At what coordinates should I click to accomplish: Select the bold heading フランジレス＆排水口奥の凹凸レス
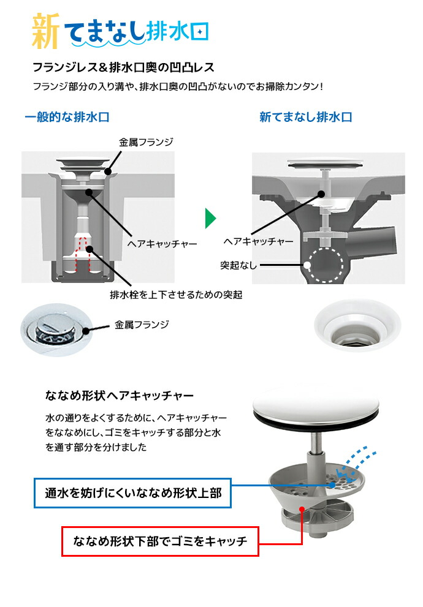pyautogui.click(x=123, y=66)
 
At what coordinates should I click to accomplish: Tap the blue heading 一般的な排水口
pyautogui.click(x=67, y=117)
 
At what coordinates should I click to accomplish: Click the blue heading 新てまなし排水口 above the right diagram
pyautogui.click(x=305, y=117)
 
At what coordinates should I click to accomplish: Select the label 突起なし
pyautogui.click(x=239, y=265)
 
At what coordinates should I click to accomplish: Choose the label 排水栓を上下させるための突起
pyautogui.click(x=176, y=295)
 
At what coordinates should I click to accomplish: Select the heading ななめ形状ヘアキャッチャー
pyautogui.click(x=120, y=395)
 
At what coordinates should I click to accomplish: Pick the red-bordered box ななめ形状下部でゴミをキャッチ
pyautogui.click(x=160, y=541)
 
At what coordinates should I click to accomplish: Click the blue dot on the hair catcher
pyautogui.click(x=332, y=484)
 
